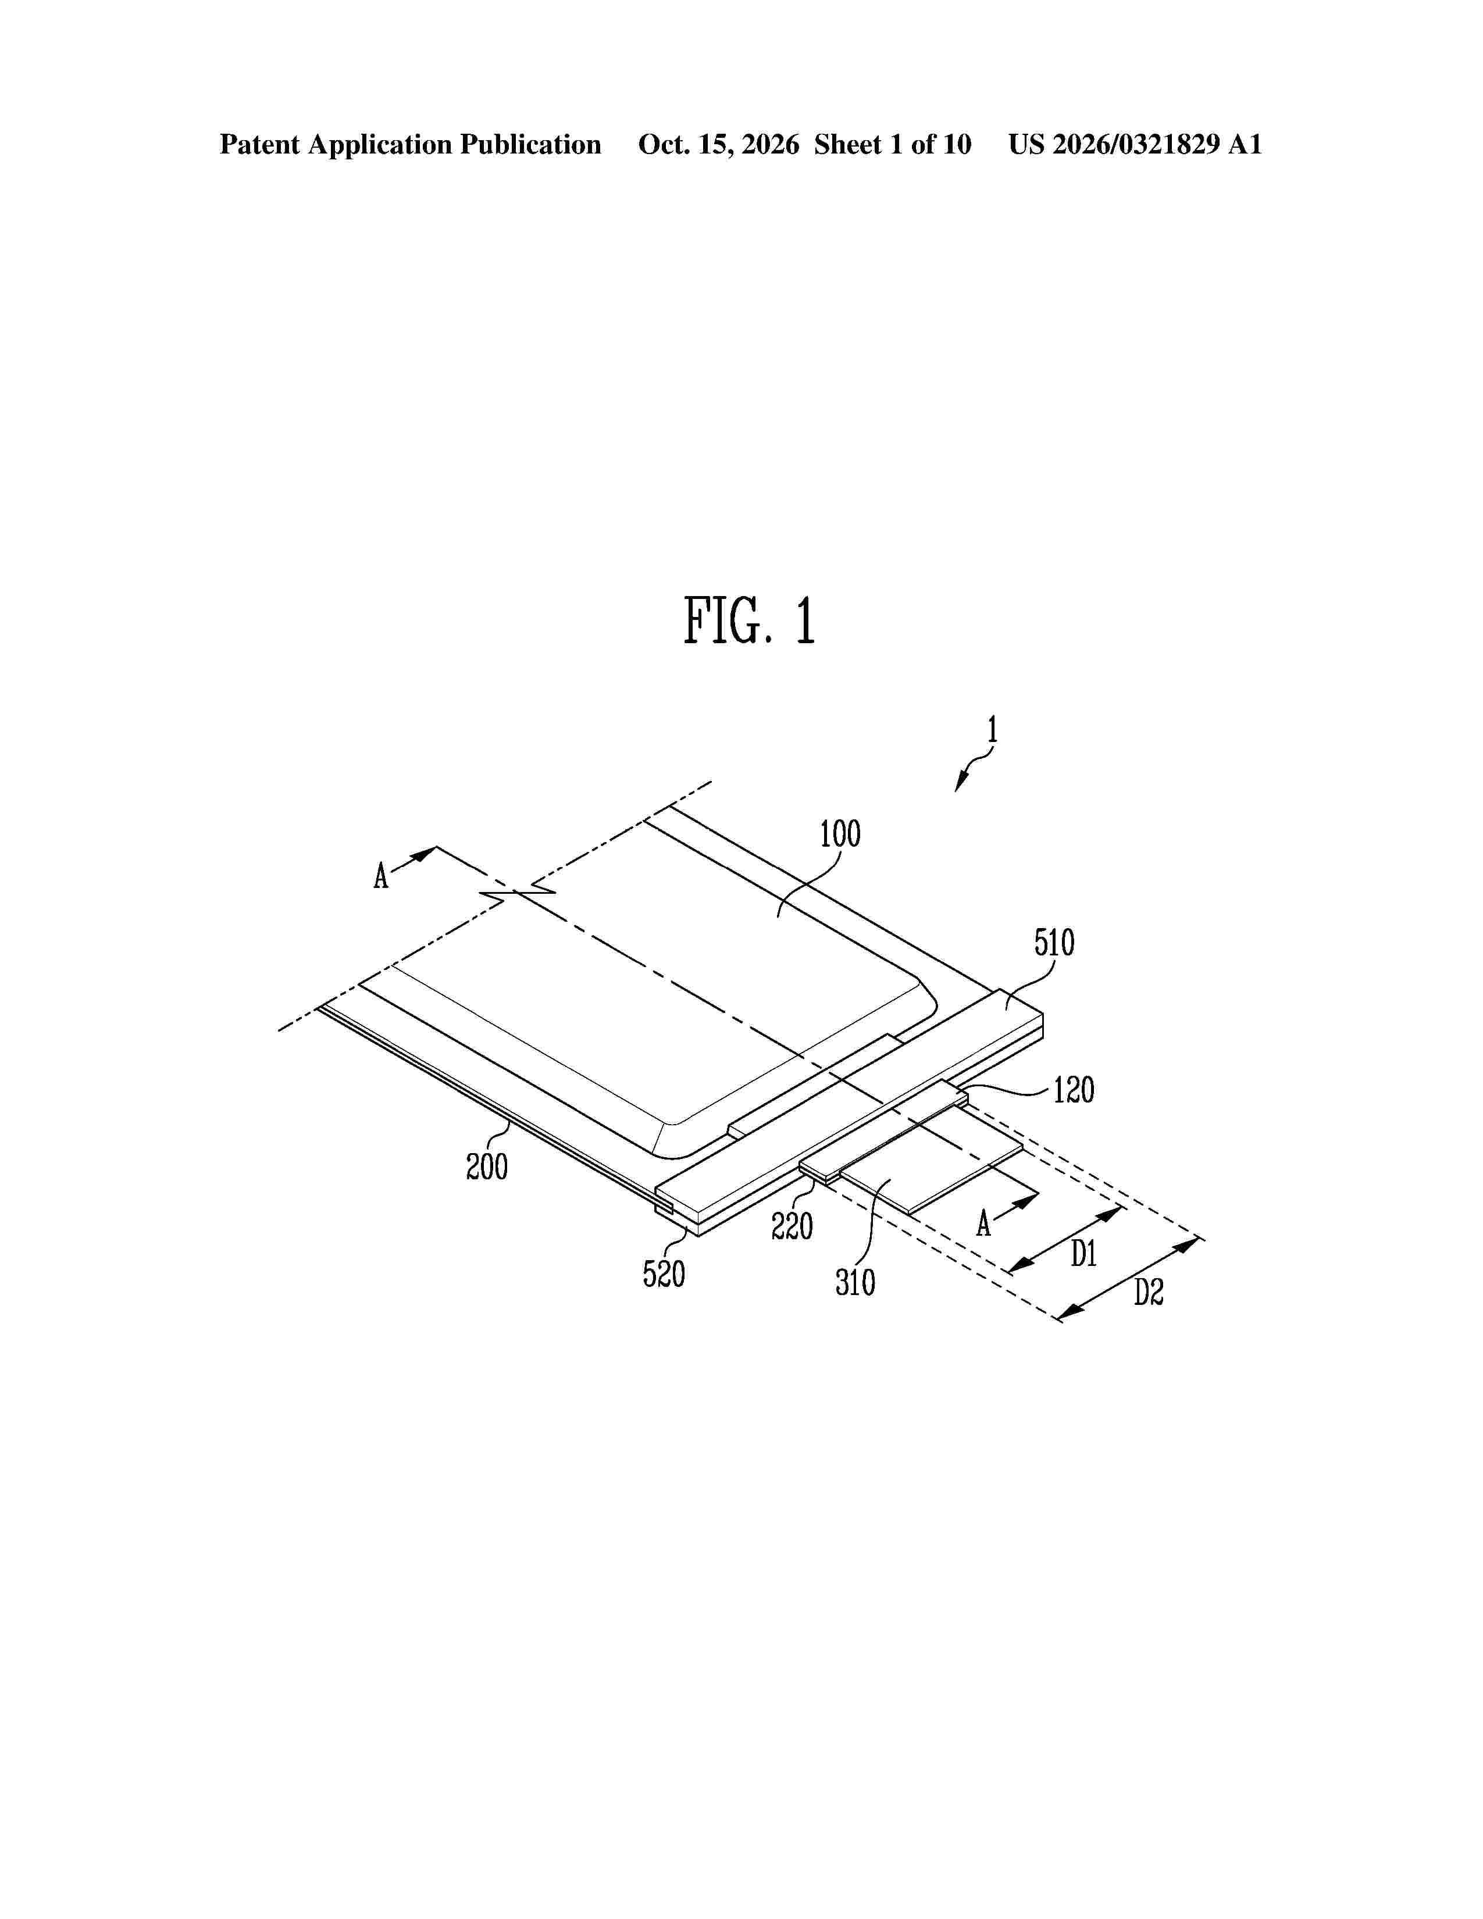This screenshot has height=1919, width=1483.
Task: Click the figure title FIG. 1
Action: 750,621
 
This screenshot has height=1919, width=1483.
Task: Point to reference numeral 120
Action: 1074,1090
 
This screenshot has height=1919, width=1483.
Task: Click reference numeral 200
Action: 487,1167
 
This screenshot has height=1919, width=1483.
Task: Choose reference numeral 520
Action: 664,1273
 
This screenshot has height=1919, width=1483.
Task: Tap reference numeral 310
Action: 855,1283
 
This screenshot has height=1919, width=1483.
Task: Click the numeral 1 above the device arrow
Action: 992,730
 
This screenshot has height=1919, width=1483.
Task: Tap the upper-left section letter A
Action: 380,876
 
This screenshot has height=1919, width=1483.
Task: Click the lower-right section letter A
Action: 984,1223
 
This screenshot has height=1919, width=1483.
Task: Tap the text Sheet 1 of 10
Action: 893,144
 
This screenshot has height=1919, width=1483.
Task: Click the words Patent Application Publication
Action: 410,145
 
